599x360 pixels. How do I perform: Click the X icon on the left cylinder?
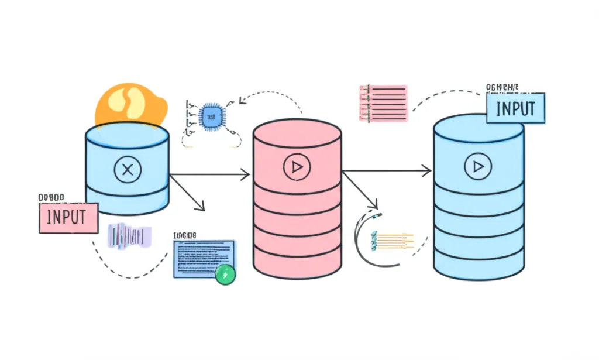click(x=127, y=170)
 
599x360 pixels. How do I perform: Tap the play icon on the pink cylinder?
click(x=297, y=167)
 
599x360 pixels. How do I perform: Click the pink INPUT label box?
click(x=68, y=218)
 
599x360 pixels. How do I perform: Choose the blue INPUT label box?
click(x=515, y=108)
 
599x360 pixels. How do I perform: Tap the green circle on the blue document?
click(x=225, y=274)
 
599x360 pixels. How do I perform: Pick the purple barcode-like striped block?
click(x=129, y=236)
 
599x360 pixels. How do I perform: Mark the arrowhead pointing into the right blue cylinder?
click(x=428, y=171)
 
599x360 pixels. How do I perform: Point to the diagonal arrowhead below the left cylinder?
click(x=201, y=207)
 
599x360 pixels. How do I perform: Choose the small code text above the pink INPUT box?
click(x=51, y=197)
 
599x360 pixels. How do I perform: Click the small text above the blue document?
click(x=185, y=235)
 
